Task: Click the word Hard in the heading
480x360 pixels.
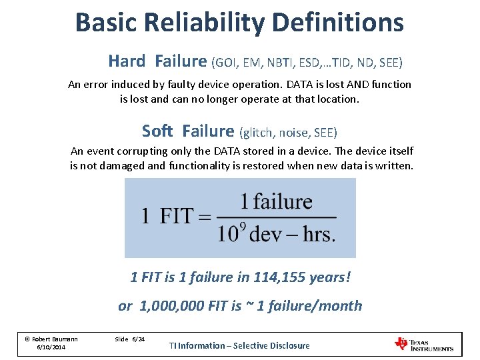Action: click(126, 61)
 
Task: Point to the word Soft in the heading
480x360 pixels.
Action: click(157, 131)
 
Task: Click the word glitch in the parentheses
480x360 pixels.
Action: click(258, 132)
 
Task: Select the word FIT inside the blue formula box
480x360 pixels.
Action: click(176, 217)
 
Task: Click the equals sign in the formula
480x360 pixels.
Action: click(204, 217)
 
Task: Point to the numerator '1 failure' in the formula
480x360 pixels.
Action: click(276, 201)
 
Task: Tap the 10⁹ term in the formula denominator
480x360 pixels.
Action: click(232, 233)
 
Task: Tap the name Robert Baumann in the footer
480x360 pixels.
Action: click(55, 339)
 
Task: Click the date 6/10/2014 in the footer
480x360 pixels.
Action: click(51, 348)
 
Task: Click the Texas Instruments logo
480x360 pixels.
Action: click(424, 344)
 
